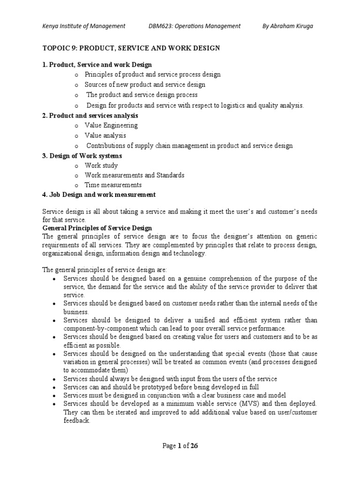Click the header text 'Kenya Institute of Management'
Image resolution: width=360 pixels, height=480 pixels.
[x=84, y=26]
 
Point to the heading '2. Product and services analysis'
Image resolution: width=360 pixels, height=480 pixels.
[x=90, y=115]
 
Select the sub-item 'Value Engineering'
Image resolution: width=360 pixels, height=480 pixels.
[x=111, y=125]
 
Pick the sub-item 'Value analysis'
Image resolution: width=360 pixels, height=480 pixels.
[x=105, y=135]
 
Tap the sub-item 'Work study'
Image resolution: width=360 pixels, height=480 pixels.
[x=101, y=165]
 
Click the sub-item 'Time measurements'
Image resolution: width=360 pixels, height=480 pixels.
[x=113, y=185]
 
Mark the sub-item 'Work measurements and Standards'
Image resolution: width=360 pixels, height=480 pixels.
[x=135, y=175]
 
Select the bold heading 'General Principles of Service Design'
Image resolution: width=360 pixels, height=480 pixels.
[x=97, y=228]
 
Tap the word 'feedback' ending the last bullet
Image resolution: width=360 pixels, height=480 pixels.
[x=76, y=421]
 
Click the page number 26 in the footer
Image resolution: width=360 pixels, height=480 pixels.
[x=194, y=446]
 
